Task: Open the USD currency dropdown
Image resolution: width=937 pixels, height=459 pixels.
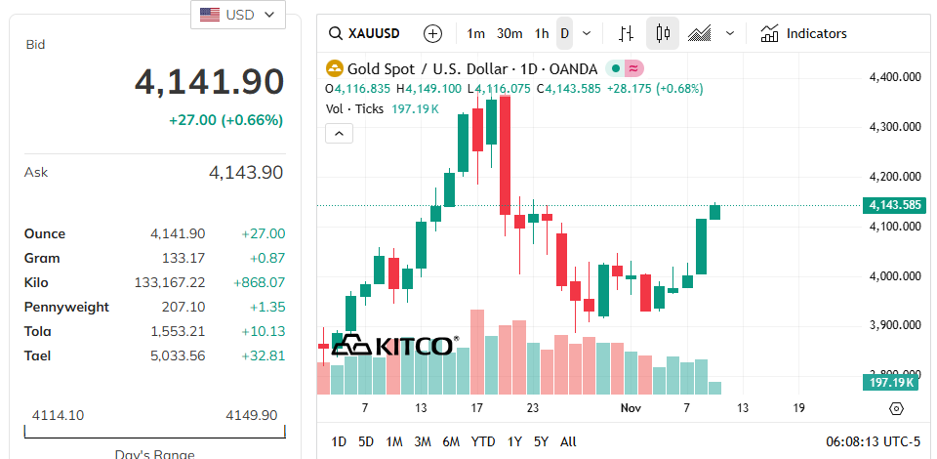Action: coord(238,15)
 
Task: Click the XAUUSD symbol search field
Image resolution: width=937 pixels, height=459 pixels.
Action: coord(365,33)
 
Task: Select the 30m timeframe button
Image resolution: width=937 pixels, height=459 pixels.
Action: coord(509,33)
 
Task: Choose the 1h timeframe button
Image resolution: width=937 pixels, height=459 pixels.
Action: coord(541,33)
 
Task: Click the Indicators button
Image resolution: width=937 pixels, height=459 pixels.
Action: coord(804,33)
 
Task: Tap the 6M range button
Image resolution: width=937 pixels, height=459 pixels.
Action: coord(451,441)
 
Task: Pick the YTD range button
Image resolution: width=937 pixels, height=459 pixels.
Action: coord(483,441)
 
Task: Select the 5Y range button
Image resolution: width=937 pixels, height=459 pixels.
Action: coord(541,441)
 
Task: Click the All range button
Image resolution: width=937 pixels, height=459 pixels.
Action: coord(568,441)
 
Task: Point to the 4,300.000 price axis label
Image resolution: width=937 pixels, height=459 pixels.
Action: coord(895,127)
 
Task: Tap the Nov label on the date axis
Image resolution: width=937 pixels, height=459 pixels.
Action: coord(631,407)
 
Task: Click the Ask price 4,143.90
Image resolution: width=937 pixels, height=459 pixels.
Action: coord(246,173)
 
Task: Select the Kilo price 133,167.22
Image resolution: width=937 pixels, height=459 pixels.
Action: coord(170,282)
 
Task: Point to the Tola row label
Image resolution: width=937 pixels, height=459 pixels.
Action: coord(37,331)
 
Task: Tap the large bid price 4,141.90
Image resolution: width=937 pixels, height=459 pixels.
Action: coord(209,82)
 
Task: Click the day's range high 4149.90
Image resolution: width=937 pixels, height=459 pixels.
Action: coord(251,415)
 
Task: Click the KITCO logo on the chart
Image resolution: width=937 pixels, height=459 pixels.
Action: coord(393,346)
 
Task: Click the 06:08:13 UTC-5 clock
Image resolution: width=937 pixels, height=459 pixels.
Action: coord(873,441)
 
